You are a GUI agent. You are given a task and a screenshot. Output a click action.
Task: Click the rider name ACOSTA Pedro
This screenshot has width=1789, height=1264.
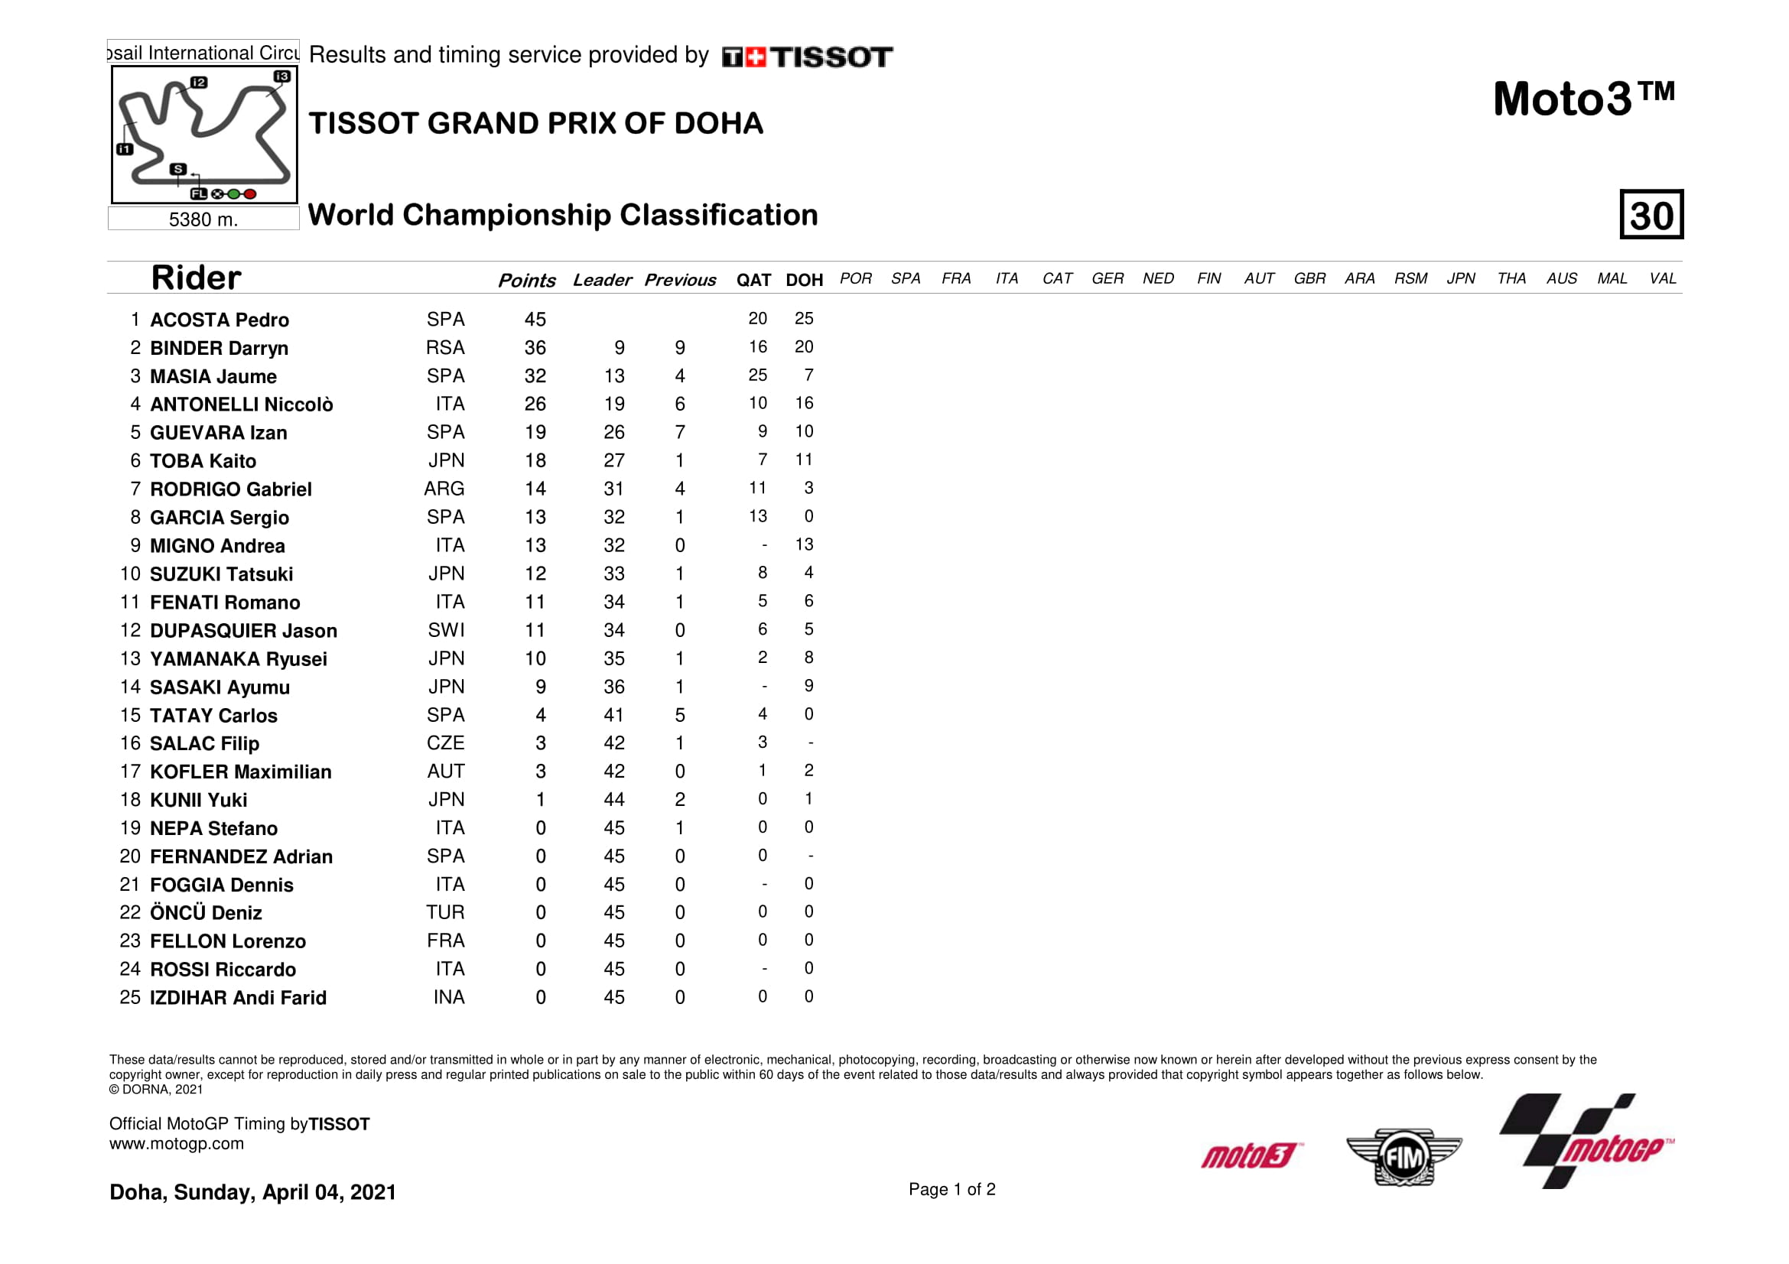point(219,320)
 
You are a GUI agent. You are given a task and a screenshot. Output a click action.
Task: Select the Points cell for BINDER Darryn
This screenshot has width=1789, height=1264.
point(535,348)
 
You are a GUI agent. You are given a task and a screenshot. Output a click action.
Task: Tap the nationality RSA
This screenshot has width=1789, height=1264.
point(445,348)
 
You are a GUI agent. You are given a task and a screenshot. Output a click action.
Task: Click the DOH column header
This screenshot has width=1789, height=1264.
point(804,280)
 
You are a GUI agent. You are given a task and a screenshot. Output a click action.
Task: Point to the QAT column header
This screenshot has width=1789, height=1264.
point(753,280)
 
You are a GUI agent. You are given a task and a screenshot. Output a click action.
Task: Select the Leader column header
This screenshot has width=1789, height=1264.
point(601,280)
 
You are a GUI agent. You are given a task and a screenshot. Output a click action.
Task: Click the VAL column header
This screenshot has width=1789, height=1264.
point(1662,279)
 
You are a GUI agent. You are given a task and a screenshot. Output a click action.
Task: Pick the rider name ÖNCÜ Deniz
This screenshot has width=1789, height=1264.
point(206,913)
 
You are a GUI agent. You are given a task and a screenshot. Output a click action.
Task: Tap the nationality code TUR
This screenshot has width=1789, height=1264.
point(445,912)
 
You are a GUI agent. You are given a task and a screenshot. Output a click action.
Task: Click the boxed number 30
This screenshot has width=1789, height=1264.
point(1651,215)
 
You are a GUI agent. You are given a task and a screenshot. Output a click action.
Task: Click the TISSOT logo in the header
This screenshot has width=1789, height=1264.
point(807,57)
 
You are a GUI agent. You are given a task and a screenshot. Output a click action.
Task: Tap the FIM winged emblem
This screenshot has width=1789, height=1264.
point(1404,1157)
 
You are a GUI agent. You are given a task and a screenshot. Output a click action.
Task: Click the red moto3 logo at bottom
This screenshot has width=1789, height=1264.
point(1251,1155)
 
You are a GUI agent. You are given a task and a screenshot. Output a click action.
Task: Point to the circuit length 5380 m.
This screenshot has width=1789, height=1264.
point(203,219)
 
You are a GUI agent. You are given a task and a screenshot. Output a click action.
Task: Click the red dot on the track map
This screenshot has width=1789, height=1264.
point(250,194)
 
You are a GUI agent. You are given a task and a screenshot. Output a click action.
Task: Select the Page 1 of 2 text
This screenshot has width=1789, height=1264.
point(951,1189)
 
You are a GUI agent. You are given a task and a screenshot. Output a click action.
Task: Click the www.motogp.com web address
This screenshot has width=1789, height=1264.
point(176,1144)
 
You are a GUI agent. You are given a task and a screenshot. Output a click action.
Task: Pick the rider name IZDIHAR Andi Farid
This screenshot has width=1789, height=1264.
point(238,998)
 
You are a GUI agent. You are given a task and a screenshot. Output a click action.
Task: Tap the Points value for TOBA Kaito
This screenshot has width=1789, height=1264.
point(535,461)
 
